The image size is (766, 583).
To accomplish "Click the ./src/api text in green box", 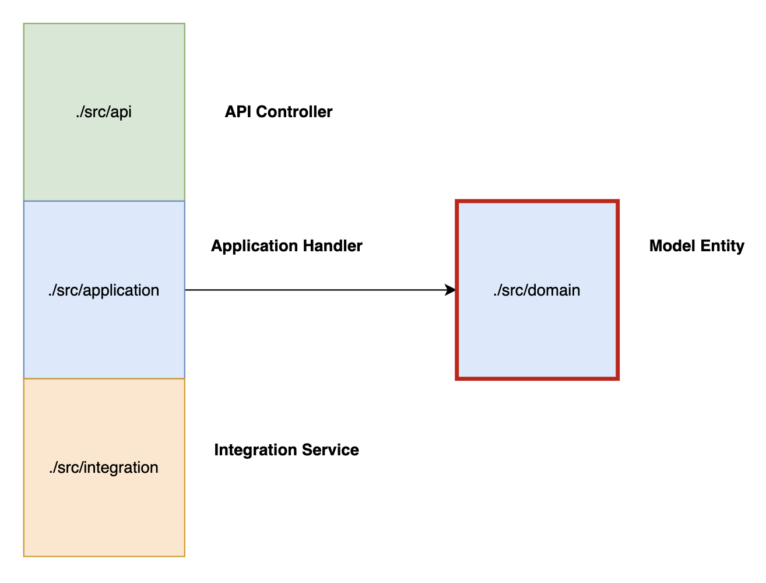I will click(104, 112).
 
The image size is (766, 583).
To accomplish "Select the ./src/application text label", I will click(104, 290).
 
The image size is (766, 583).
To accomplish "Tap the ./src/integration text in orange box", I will click(104, 468).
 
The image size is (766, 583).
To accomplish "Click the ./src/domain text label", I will click(536, 290).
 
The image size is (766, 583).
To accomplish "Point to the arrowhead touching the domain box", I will click(451, 290).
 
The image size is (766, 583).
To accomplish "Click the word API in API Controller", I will click(238, 112).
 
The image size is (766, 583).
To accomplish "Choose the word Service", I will click(335, 450).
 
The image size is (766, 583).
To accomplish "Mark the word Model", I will click(672, 246).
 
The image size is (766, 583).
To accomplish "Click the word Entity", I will click(722, 246).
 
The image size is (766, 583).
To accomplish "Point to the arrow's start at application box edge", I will click(187, 290).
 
